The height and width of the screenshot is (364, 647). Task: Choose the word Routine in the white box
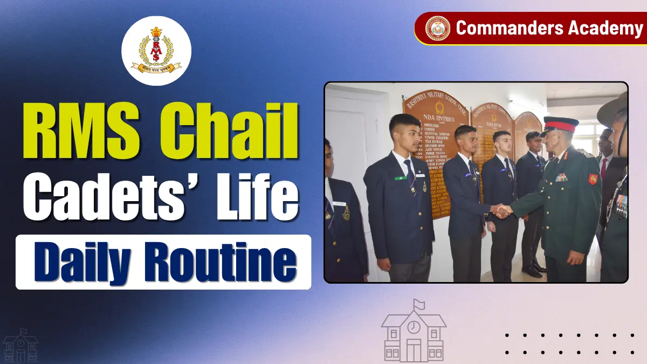[x=224, y=260]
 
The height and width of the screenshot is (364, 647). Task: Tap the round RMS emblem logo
[x=156, y=51]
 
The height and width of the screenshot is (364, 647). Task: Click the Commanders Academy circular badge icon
[x=437, y=28]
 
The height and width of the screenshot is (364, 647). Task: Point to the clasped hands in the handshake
[x=502, y=211]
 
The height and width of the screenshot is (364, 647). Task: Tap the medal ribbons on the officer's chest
[x=561, y=176]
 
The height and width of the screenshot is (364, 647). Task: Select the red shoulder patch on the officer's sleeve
[x=593, y=178]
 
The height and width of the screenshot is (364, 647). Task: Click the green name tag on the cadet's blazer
[x=400, y=178]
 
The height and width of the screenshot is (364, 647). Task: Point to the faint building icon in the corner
[x=20, y=345]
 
